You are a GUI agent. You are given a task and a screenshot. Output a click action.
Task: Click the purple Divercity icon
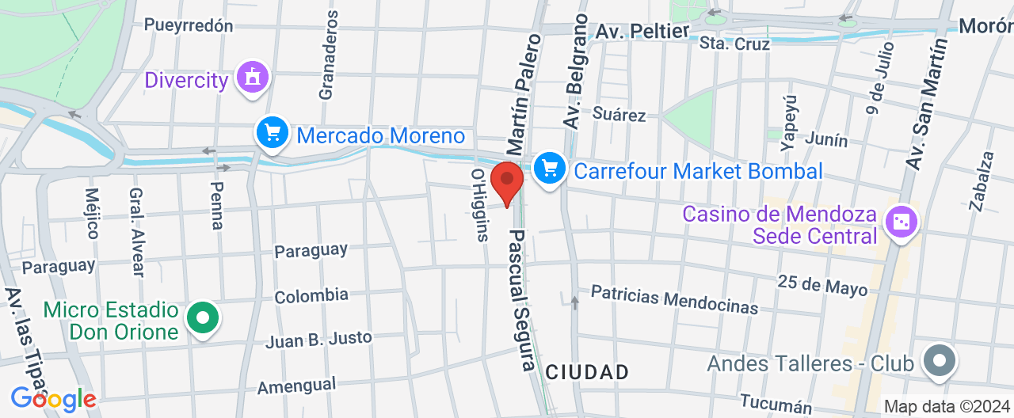(253, 79)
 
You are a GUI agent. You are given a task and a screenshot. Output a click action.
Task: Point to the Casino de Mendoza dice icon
(901, 223)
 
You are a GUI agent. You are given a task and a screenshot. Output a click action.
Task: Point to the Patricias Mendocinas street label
(674, 299)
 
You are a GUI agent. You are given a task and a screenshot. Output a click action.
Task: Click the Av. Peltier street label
(642, 32)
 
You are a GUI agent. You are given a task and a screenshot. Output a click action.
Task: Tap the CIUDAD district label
(587, 371)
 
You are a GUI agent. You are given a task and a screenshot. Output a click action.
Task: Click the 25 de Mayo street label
(822, 285)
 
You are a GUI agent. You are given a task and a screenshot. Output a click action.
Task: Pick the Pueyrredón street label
(189, 25)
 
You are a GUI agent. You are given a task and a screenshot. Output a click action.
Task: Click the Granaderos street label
(329, 55)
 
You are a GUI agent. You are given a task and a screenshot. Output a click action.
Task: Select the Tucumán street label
(777, 404)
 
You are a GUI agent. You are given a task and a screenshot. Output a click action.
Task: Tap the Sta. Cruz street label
(734, 44)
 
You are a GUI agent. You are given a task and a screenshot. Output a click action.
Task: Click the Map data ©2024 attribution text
(947, 406)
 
